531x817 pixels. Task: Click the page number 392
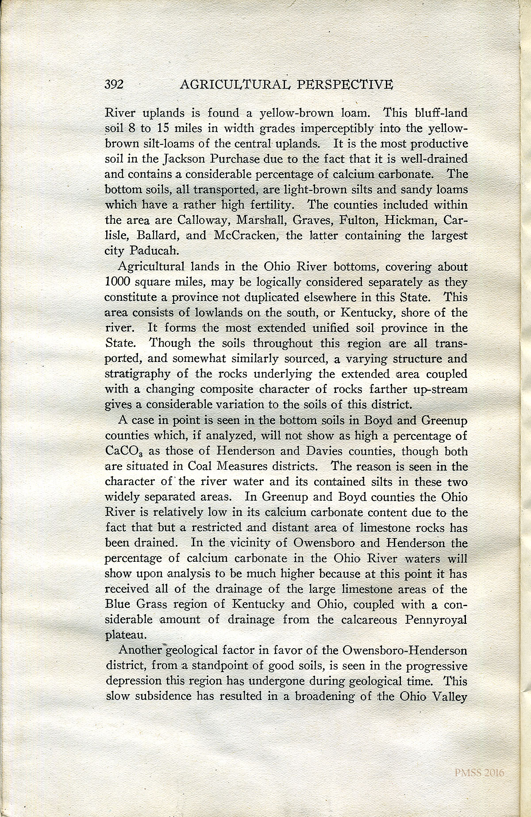click(x=116, y=85)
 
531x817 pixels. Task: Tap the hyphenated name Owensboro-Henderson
click(x=405, y=650)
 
